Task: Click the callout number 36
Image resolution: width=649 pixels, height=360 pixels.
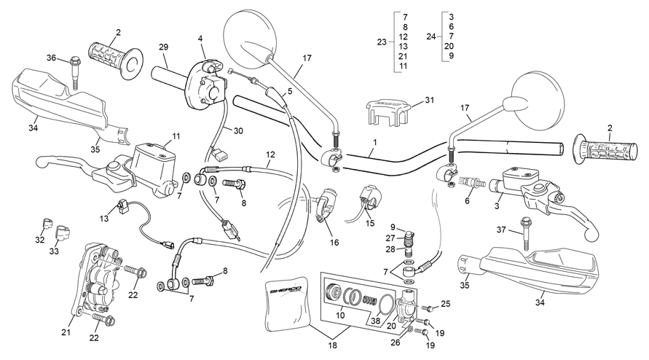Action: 51,58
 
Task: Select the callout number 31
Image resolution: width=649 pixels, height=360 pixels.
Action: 430,100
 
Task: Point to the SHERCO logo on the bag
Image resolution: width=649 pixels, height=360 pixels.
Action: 286,289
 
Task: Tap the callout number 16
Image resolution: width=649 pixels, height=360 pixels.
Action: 334,243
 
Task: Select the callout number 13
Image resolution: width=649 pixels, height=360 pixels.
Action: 104,219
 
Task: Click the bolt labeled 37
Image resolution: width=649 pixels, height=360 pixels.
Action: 524,233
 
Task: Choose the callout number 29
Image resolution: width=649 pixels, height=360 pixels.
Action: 163,47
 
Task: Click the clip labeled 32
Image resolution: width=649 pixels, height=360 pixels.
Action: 48,224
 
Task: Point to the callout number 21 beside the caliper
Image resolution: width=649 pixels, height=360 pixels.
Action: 66,332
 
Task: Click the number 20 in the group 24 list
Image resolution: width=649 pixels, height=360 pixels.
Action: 449,46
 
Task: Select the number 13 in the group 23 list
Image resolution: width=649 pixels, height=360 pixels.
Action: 403,47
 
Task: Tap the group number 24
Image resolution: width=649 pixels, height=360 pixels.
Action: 431,36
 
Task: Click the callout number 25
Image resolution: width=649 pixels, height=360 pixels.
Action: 445,304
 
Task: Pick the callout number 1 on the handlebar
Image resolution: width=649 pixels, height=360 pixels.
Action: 375,142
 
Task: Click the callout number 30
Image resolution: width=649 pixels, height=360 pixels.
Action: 238,131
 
